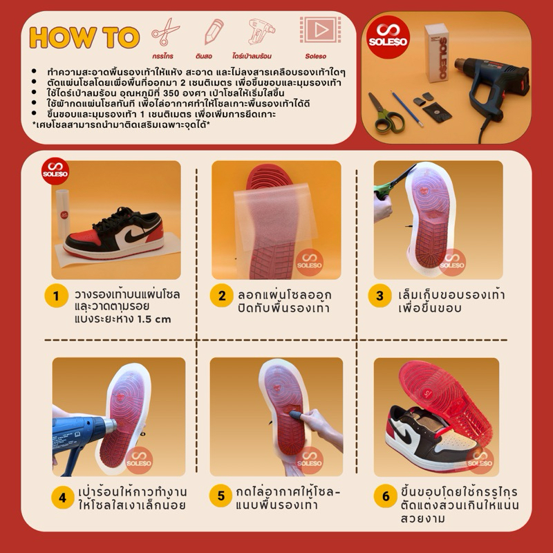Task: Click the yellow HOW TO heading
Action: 84,37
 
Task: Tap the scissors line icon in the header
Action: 165,32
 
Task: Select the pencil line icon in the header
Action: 214,31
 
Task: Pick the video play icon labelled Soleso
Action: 320,30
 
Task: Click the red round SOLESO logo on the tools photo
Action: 388,37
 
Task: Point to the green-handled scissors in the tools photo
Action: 385,113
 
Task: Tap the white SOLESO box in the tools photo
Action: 437,53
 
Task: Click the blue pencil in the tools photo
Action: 406,109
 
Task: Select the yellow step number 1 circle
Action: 56,296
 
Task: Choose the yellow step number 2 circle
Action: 221,296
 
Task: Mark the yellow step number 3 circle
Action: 379,296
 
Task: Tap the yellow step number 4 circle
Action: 63,497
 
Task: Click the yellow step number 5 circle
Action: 221,496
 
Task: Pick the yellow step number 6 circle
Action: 386,496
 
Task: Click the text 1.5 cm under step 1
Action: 153,319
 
